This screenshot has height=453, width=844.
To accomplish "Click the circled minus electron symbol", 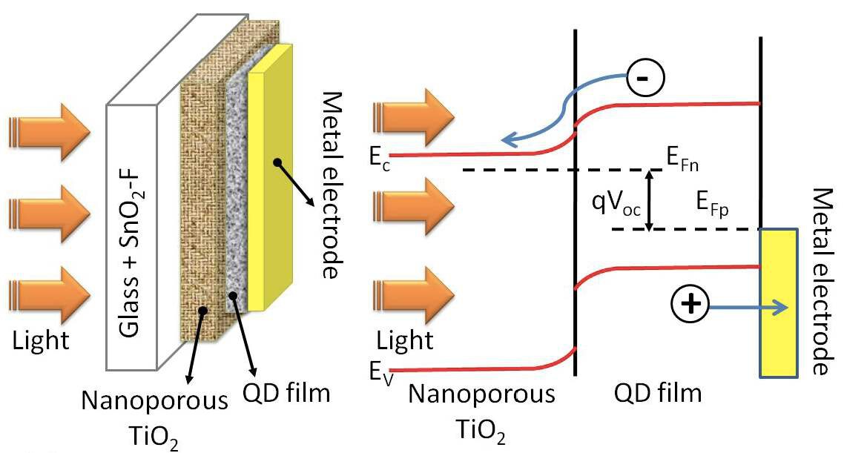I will coord(643,76).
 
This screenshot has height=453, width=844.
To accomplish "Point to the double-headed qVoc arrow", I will coord(650,200).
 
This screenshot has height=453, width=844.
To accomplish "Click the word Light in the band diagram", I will coord(403,341).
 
